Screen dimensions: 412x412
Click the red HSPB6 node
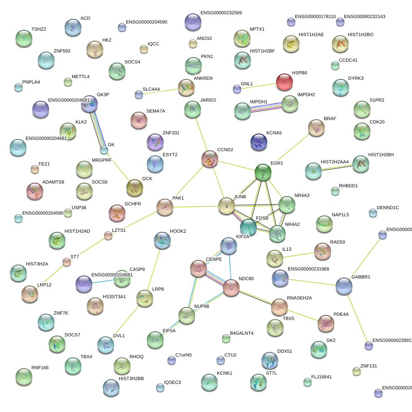coord(284,82)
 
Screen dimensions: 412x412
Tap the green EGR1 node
coord(263,172)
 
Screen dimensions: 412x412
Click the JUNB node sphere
coord(227,206)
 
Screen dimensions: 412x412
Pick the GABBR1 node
coord(344,286)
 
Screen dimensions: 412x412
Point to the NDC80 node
coord(231,288)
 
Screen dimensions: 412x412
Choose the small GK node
coord(104,150)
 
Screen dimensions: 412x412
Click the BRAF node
coord(316,128)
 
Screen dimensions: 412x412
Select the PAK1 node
coord(165,207)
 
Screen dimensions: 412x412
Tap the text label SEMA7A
coord(156,111)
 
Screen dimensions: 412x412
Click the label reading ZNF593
coord(62,51)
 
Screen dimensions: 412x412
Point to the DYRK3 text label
coord(356,79)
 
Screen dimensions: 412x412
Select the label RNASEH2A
coord(299,298)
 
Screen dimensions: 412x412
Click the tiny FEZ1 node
coord(35,170)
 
